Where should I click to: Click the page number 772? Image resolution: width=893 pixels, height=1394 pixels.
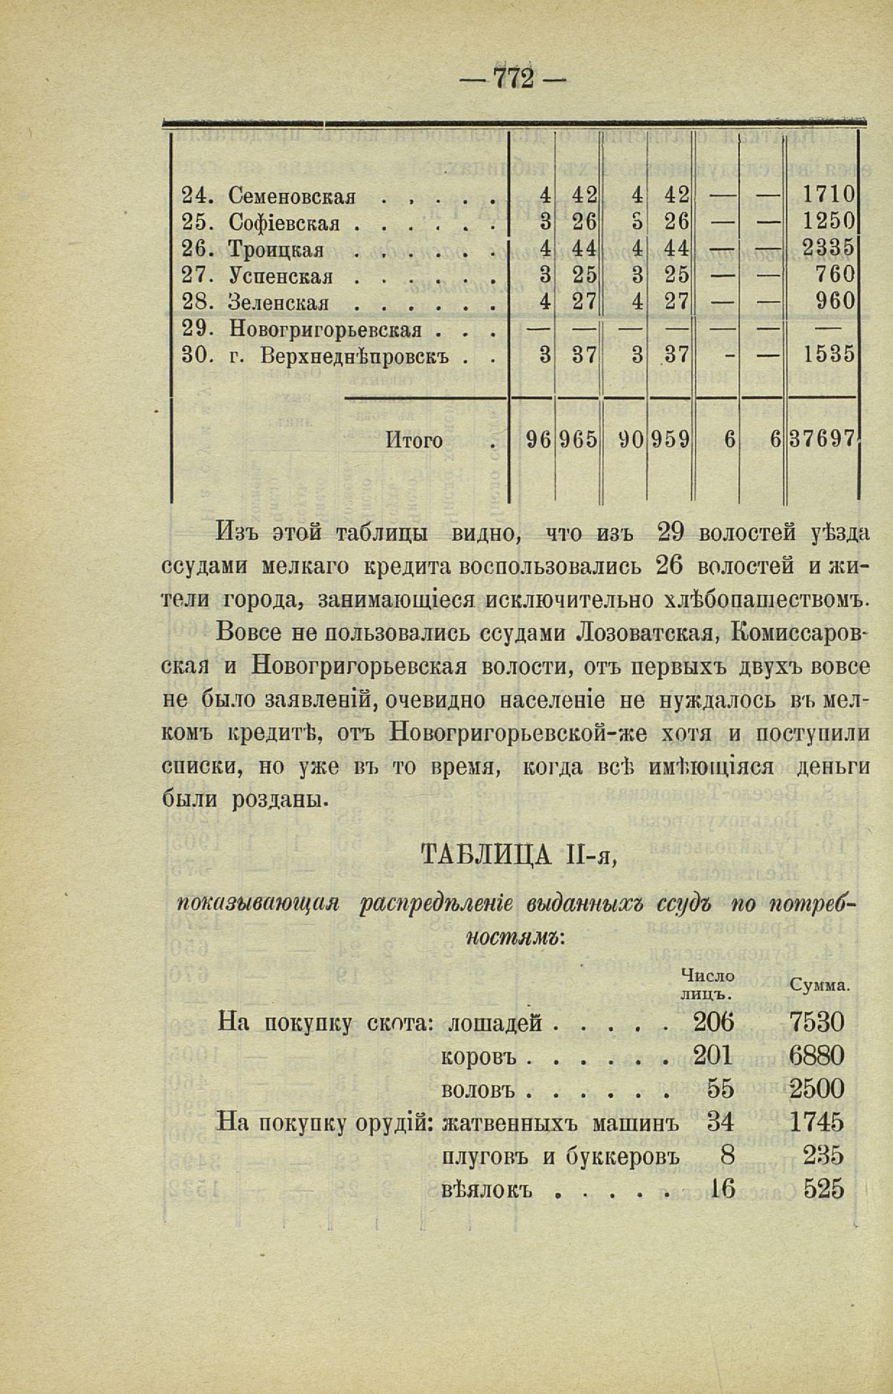click(x=513, y=77)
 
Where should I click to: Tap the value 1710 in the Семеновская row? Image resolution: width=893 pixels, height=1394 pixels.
click(x=829, y=195)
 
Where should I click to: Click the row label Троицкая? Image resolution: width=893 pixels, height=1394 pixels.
click(x=276, y=249)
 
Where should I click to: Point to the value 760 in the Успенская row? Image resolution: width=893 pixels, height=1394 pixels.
click(x=836, y=275)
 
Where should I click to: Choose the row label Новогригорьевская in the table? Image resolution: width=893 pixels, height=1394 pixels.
click(x=325, y=330)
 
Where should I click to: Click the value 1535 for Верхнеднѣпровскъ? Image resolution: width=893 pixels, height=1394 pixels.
click(x=829, y=355)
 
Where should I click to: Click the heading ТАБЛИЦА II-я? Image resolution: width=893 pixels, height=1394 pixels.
click(x=517, y=857)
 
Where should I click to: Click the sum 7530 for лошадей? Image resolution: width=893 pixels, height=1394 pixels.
click(x=816, y=1023)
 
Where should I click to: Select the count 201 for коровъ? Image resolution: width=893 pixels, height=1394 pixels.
click(x=712, y=1056)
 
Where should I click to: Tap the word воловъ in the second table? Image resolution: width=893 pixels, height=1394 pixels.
click(x=476, y=1089)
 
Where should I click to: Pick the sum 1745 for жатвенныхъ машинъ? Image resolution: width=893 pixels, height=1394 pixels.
click(x=816, y=1122)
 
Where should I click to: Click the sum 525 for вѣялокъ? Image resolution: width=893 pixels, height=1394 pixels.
click(x=823, y=1189)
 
